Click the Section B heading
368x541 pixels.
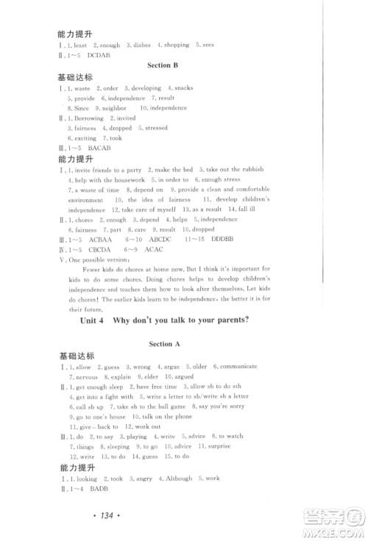(x=163, y=65)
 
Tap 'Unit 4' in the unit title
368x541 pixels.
(x=101, y=318)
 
